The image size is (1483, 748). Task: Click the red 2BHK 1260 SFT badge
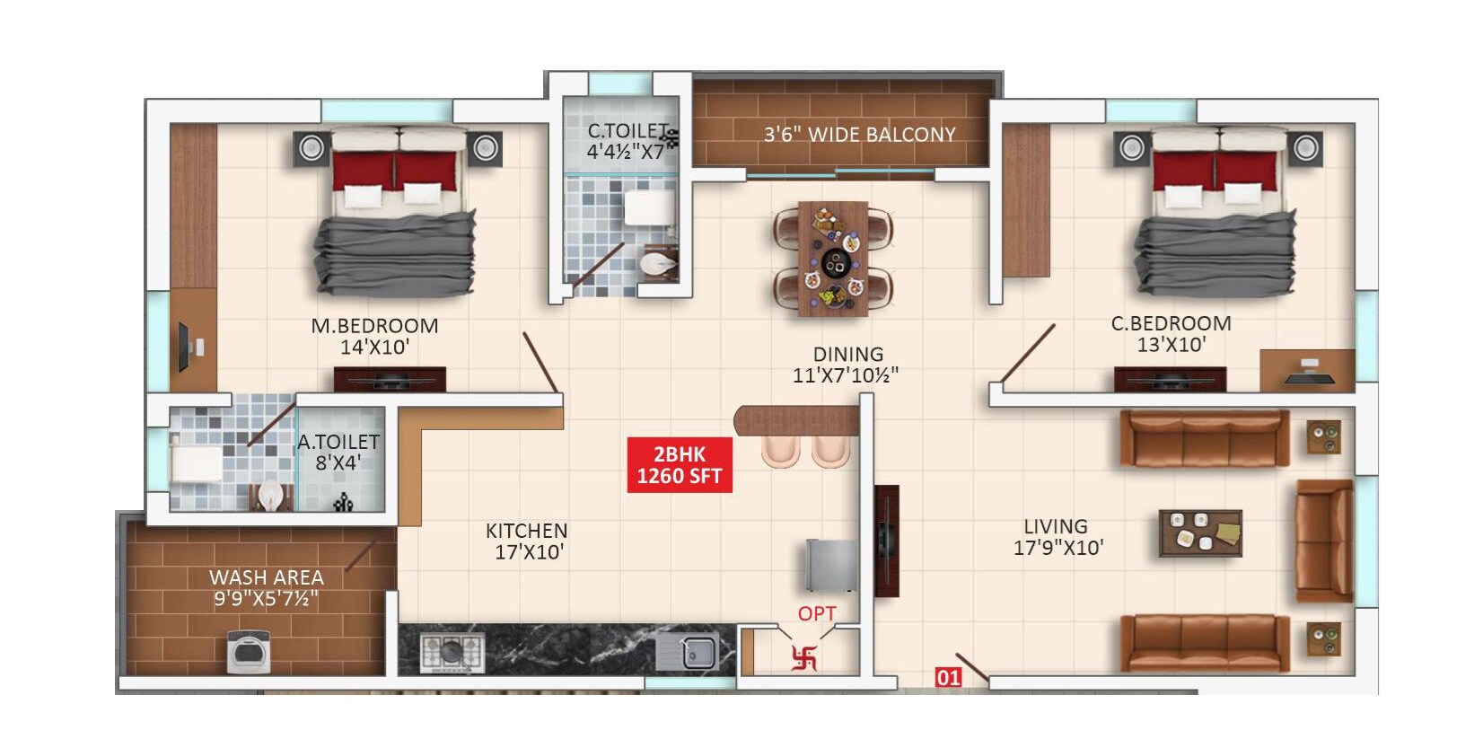680,465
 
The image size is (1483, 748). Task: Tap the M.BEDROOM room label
374,326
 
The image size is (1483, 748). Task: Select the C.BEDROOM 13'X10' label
1171,334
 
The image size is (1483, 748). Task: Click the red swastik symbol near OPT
804,658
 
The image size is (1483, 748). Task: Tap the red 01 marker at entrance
949,678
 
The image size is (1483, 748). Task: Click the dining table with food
834,259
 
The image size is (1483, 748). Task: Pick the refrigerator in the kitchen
830,565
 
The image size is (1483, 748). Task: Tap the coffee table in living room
1200,533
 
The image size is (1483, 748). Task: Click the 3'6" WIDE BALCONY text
859,135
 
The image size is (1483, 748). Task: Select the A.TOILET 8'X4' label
338,453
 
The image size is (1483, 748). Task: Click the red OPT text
817,614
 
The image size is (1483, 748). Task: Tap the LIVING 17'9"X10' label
1057,537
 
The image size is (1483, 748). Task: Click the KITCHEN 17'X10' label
527,541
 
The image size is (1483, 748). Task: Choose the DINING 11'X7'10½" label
846,365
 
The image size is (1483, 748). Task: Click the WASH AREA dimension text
266,599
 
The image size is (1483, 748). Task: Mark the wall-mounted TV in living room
886,541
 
